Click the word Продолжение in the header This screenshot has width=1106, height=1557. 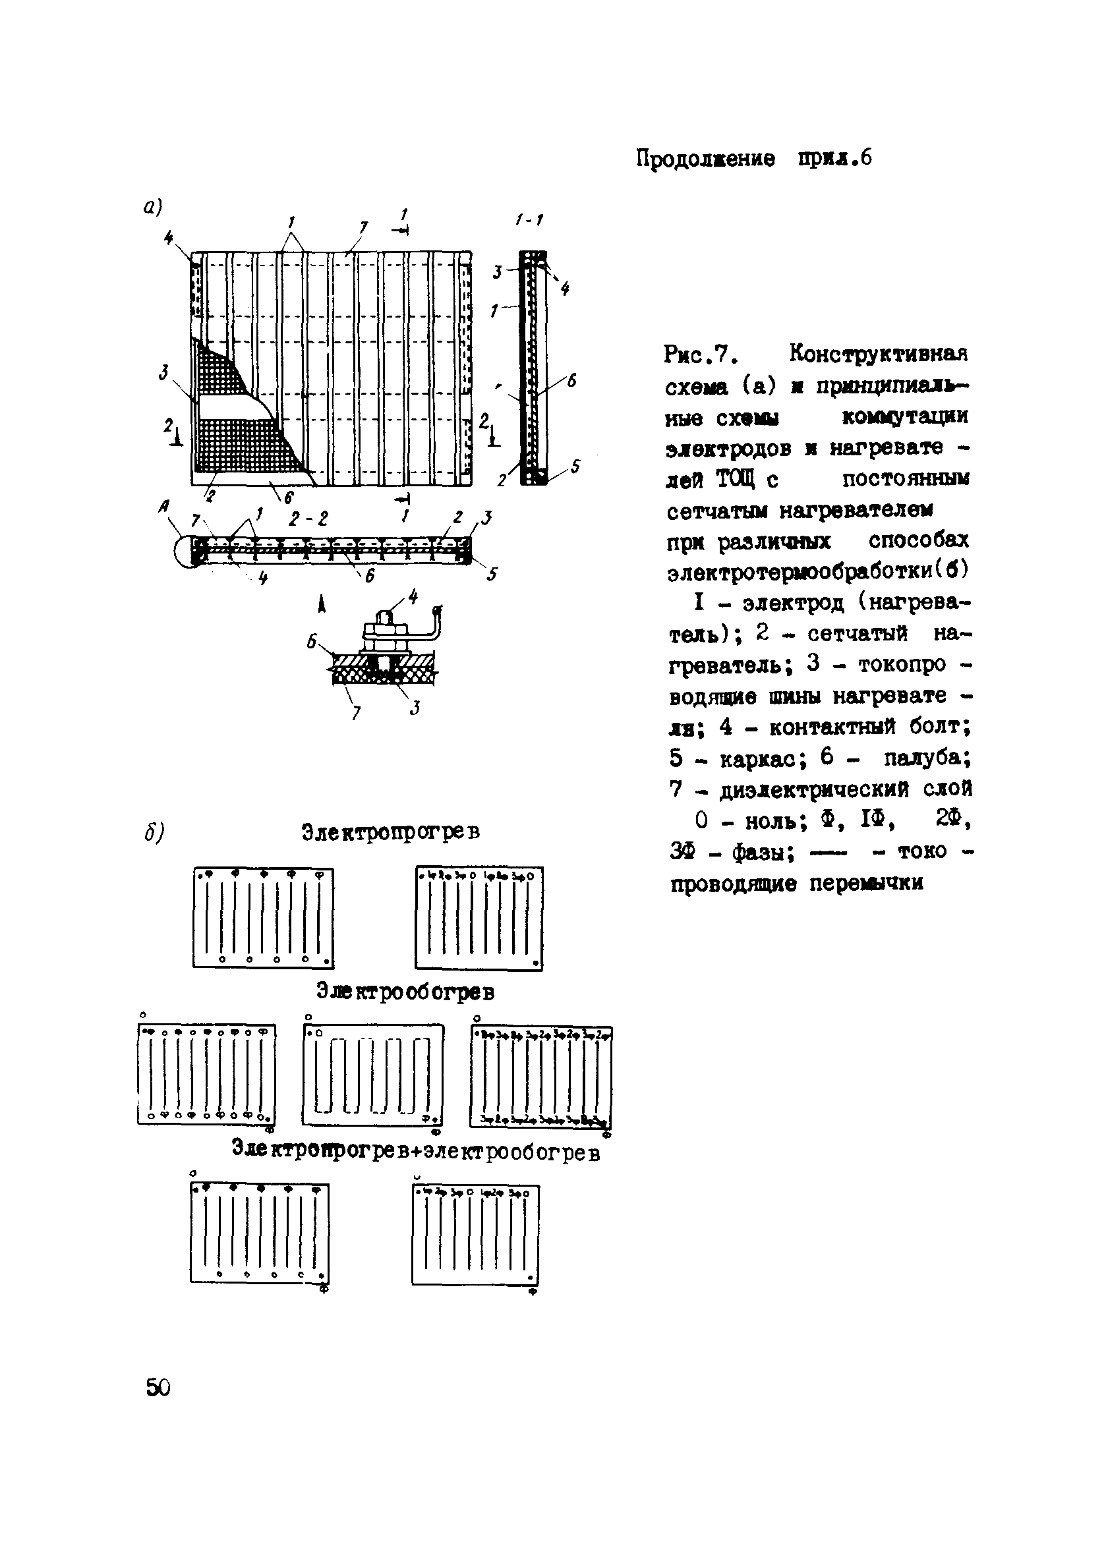tap(705, 159)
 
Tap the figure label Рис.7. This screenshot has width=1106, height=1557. tap(698, 354)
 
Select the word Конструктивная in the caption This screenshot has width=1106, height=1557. tap(879, 354)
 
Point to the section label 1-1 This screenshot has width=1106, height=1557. tap(529, 219)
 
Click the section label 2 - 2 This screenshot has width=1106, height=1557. tap(308, 519)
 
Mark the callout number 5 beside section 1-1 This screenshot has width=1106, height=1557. tap(575, 466)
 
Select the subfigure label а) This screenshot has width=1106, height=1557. tap(152, 207)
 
